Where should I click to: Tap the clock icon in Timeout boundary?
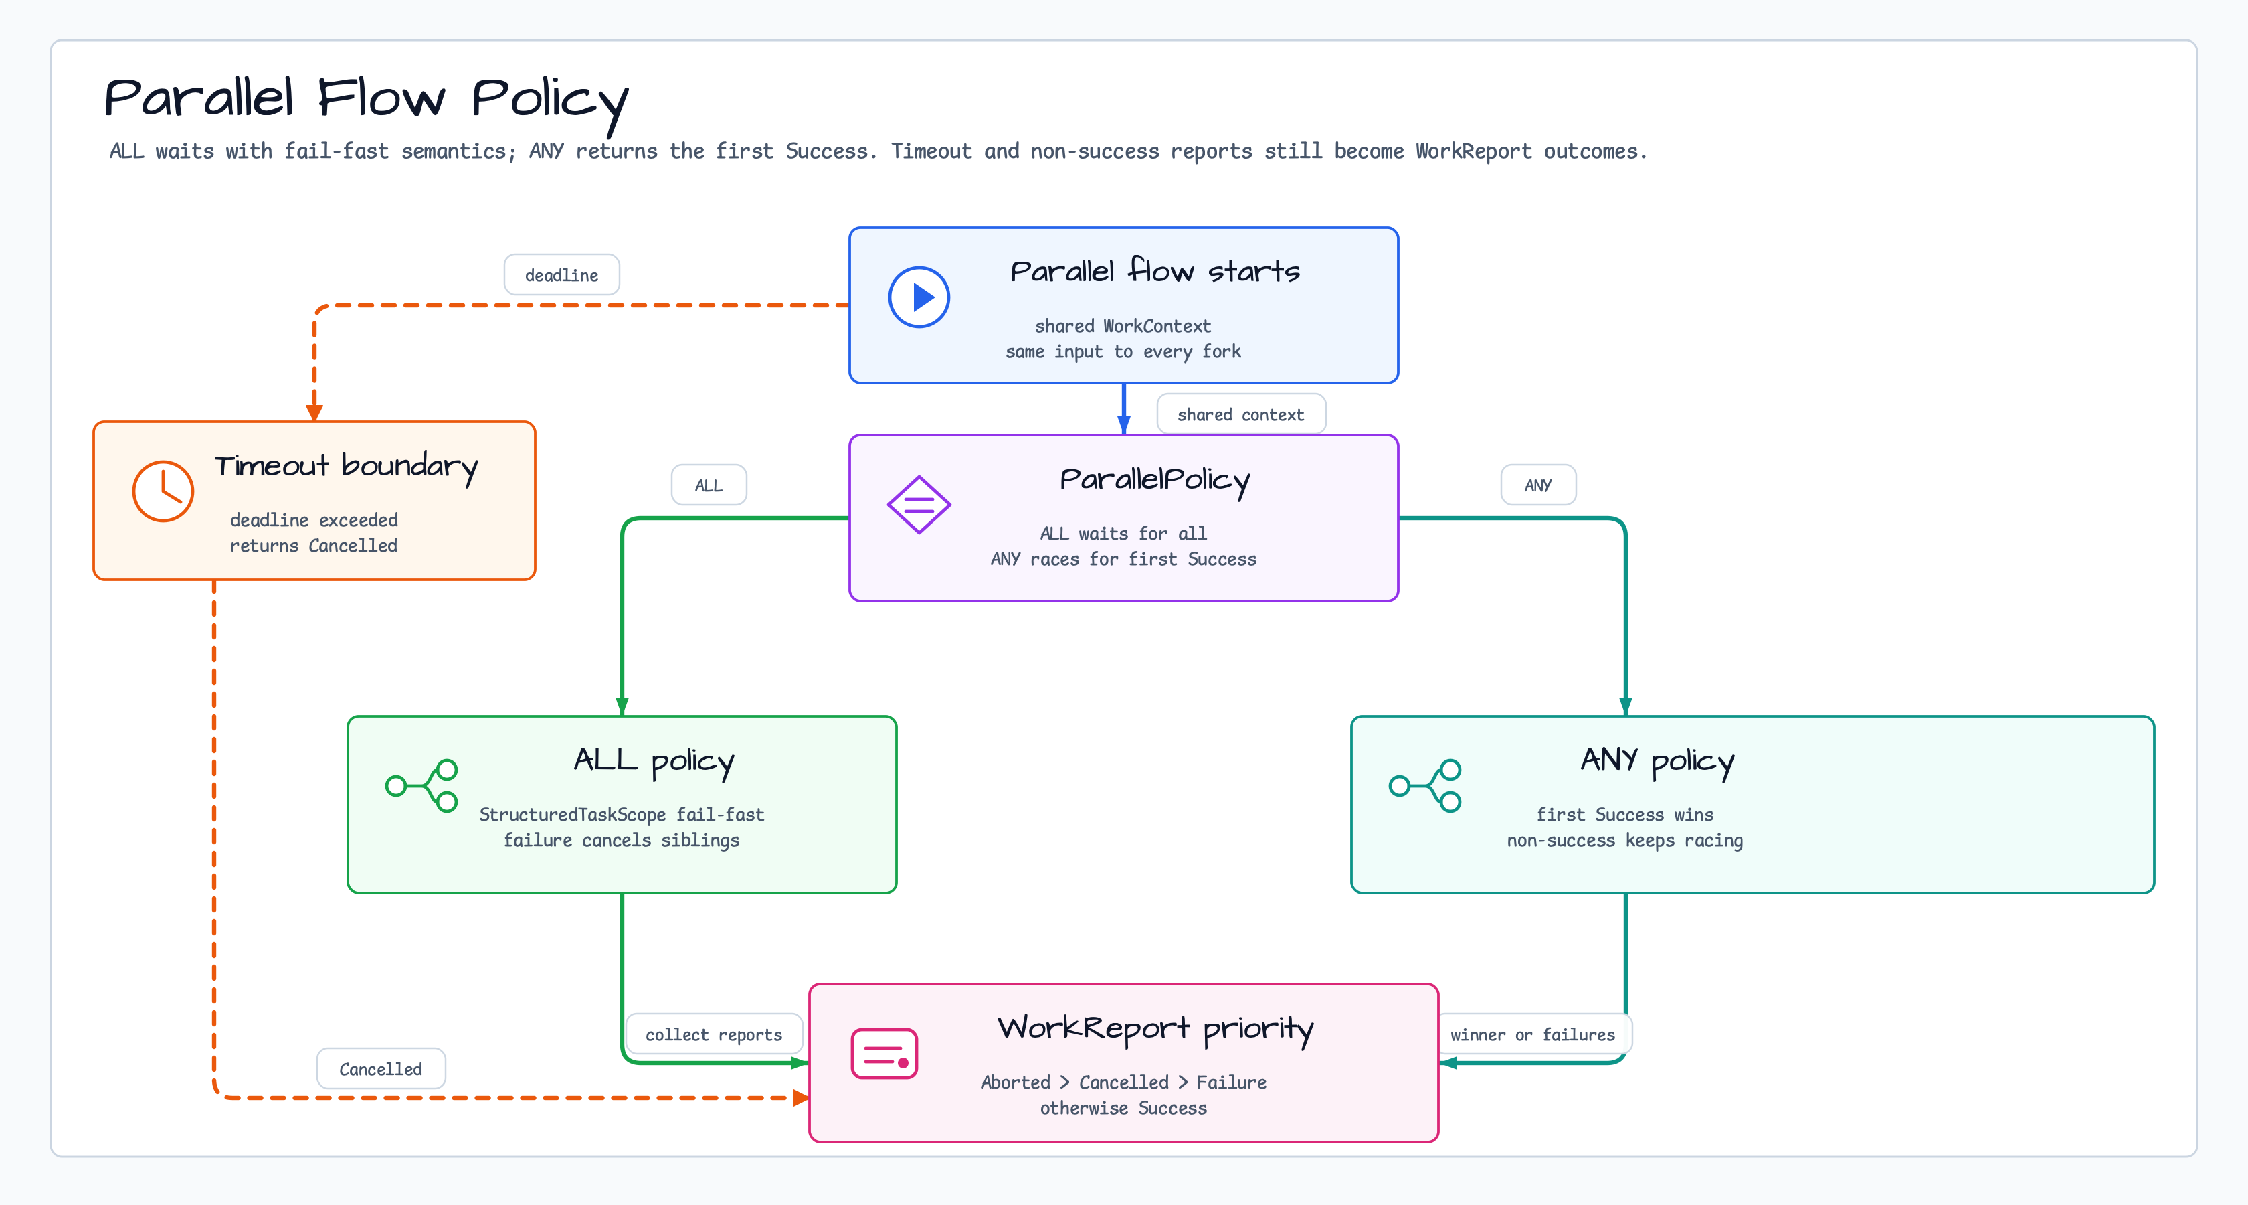(x=163, y=491)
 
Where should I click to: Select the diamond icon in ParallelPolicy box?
(x=919, y=505)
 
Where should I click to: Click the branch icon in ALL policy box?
(x=422, y=786)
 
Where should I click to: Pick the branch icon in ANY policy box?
(x=1425, y=786)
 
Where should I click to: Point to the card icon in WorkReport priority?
(x=884, y=1054)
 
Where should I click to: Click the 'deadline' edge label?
(x=562, y=275)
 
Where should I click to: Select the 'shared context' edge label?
(x=1241, y=415)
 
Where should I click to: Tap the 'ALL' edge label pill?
(x=709, y=485)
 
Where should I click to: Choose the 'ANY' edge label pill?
(x=1539, y=485)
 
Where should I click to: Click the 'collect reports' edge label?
(x=714, y=1035)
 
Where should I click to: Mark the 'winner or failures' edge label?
(x=1533, y=1035)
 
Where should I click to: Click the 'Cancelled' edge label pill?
(x=381, y=1069)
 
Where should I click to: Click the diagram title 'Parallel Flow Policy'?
(x=367, y=101)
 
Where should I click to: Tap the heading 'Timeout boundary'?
(x=347, y=467)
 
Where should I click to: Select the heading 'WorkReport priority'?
(x=1155, y=1030)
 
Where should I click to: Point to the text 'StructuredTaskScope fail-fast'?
(x=622, y=815)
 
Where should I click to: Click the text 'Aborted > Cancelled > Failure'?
(x=1124, y=1082)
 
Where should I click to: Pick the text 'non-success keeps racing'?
(x=1625, y=841)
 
